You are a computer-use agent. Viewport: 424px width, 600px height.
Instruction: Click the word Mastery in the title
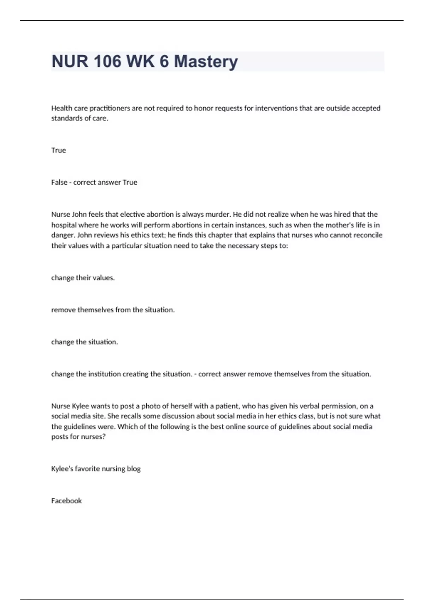click(x=206, y=61)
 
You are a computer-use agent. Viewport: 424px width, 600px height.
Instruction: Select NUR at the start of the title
click(x=70, y=61)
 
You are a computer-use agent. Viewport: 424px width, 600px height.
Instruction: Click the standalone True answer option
click(x=58, y=150)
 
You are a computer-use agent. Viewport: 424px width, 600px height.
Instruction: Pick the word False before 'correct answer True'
click(x=59, y=182)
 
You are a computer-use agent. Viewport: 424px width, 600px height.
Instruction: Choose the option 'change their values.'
click(x=83, y=278)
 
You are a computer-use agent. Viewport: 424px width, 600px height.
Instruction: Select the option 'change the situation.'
click(x=84, y=342)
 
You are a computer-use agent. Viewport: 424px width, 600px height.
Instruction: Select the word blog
click(x=134, y=469)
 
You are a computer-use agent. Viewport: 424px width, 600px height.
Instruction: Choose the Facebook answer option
click(x=66, y=501)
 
